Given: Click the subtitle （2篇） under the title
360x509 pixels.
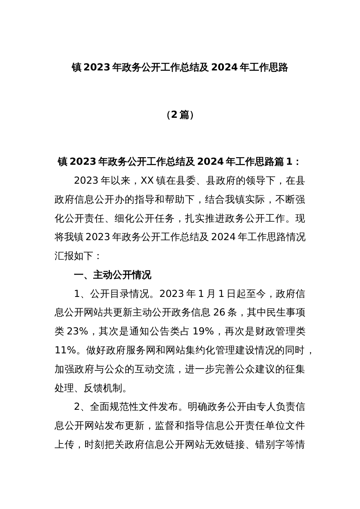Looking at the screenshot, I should pos(180,115).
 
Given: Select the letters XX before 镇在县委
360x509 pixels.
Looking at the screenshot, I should pos(147,181).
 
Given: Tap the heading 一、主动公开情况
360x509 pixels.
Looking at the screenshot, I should pos(113,275).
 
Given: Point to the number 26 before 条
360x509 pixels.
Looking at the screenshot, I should pos(219,312).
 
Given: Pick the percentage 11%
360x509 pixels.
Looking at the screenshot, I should pos(65,350).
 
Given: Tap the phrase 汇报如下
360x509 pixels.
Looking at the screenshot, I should pos(74,256).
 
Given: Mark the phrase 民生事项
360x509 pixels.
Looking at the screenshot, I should pos(286,312).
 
